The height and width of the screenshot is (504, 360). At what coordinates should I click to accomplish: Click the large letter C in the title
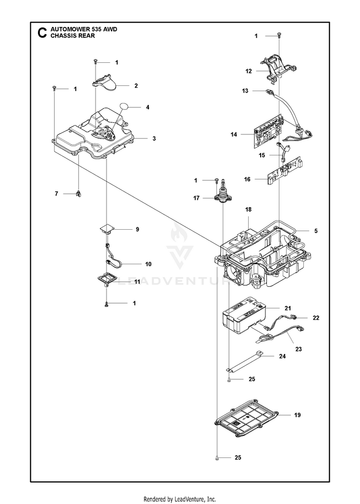(42, 33)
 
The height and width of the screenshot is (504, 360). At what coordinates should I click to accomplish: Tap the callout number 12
(249, 71)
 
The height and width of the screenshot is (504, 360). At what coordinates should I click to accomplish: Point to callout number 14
(234, 134)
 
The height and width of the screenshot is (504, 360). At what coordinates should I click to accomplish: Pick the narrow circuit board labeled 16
(285, 170)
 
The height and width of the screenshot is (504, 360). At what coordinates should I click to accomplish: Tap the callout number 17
(197, 198)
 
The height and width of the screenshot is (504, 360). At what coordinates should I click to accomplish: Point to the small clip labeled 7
(78, 194)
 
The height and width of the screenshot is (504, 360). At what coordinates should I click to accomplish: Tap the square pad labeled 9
(107, 230)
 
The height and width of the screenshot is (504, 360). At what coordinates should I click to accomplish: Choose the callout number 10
(148, 264)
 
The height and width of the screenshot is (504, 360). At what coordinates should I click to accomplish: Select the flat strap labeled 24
(245, 362)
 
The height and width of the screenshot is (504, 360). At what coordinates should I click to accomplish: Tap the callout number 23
(299, 349)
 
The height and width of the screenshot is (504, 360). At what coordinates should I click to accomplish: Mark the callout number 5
(316, 231)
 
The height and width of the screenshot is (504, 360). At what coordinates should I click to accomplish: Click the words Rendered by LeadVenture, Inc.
(180, 499)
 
